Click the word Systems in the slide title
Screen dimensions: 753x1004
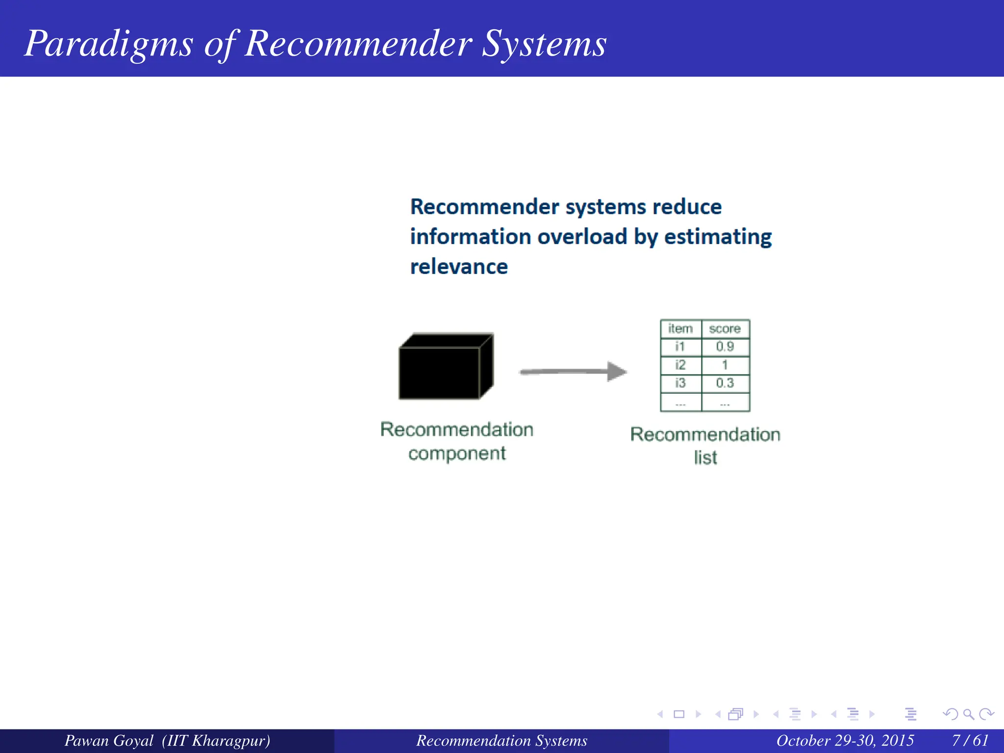point(544,44)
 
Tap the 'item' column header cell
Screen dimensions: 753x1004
point(680,329)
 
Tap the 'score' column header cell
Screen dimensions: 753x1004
point(725,329)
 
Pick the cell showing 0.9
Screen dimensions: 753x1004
point(725,347)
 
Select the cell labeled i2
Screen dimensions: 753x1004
point(680,365)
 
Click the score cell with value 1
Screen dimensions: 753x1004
point(725,365)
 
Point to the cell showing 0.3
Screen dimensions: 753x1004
point(725,383)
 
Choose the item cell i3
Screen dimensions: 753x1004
point(680,383)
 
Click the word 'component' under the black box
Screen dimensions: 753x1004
point(457,454)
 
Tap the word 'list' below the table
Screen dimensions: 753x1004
point(705,458)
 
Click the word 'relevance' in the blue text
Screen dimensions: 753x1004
point(459,267)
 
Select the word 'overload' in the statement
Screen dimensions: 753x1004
point(582,237)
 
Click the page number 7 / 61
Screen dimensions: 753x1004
point(970,740)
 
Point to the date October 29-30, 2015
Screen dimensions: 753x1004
point(845,740)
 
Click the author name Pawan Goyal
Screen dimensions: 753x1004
point(109,740)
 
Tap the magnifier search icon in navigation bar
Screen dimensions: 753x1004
point(968,714)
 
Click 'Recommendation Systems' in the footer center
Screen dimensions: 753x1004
point(502,740)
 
